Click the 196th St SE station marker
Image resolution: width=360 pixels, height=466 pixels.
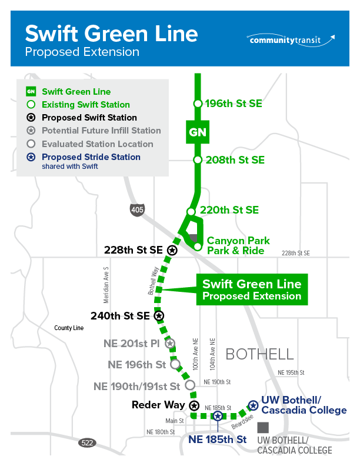[198, 104]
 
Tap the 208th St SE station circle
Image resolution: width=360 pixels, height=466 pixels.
[198, 160]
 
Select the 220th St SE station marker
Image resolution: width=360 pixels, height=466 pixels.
[191, 211]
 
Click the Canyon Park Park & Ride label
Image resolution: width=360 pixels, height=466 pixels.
[238, 245]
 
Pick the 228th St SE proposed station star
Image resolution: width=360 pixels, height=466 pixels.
[172, 250]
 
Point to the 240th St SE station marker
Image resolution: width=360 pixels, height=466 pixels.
[159, 316]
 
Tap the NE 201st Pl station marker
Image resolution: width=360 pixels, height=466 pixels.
[169, 343]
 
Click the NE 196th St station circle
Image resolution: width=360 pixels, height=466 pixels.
[175, 364]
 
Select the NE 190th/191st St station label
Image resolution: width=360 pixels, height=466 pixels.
[136, 386]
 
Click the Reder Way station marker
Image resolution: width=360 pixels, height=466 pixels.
[194, 405]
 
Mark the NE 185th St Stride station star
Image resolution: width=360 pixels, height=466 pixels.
[218, 416]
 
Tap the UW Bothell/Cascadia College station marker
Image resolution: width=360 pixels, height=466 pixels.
[253, 405]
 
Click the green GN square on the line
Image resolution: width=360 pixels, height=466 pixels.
[198, 132]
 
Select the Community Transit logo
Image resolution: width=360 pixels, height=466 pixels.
[292, 40]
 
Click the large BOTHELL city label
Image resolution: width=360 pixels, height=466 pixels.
[259, 354]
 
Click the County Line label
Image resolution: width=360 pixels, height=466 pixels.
[69, 328]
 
